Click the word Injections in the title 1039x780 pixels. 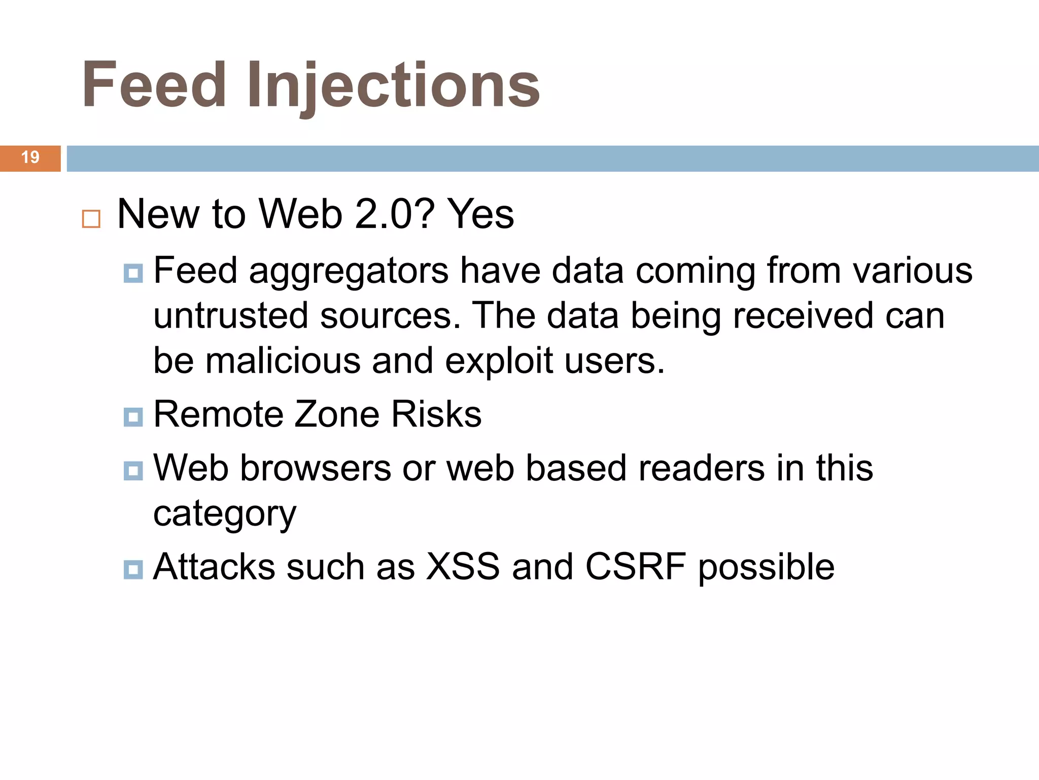[393, 85]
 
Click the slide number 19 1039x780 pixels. [30, 157]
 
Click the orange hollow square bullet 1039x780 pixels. [91, 219]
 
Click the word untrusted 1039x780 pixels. [231, 316]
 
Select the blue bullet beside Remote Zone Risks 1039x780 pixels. [133, 417]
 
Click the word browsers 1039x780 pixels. [315, 468]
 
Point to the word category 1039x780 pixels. [225, 514]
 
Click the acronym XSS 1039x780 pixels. [463, 567]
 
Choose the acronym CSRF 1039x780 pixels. [636, 567]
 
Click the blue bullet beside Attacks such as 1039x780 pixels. [133, 569]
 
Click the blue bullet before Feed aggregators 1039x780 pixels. [133, 273]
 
